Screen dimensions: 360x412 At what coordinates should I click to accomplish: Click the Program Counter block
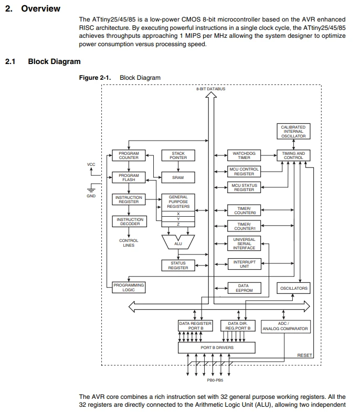tap(129, 155)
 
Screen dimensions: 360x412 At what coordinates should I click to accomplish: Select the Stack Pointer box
tap(178, 155)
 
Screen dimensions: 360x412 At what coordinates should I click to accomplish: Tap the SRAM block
tap(178, 177)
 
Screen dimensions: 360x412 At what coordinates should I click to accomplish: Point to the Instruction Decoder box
tap(129, 221)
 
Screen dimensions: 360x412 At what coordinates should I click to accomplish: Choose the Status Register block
tap(178, 266)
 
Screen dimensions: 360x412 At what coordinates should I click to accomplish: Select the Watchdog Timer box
tap(244, 155)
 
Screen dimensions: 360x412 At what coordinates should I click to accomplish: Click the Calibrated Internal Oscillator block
tap(293, 131)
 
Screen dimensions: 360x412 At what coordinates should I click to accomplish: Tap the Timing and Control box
tap(293, 155)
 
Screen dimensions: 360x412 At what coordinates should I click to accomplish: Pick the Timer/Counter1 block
tap(244, 226)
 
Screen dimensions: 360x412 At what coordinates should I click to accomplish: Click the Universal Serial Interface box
tap(244, 244)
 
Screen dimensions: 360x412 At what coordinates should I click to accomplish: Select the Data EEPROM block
tap(245, 288)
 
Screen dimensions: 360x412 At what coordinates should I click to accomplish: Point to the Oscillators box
tap(293, 288)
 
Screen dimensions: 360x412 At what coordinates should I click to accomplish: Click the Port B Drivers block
tap(217, 347)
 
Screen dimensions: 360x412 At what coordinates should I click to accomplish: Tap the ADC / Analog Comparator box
tap(285, 326)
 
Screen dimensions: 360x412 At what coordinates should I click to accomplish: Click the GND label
tap(91, 196)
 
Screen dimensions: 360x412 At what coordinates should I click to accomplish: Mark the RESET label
tap(304, 355)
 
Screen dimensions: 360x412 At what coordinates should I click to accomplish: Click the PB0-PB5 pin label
tap(215, 380)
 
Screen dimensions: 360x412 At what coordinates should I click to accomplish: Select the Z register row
tap(178, 224)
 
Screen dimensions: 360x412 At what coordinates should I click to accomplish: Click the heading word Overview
tap(41, 8)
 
